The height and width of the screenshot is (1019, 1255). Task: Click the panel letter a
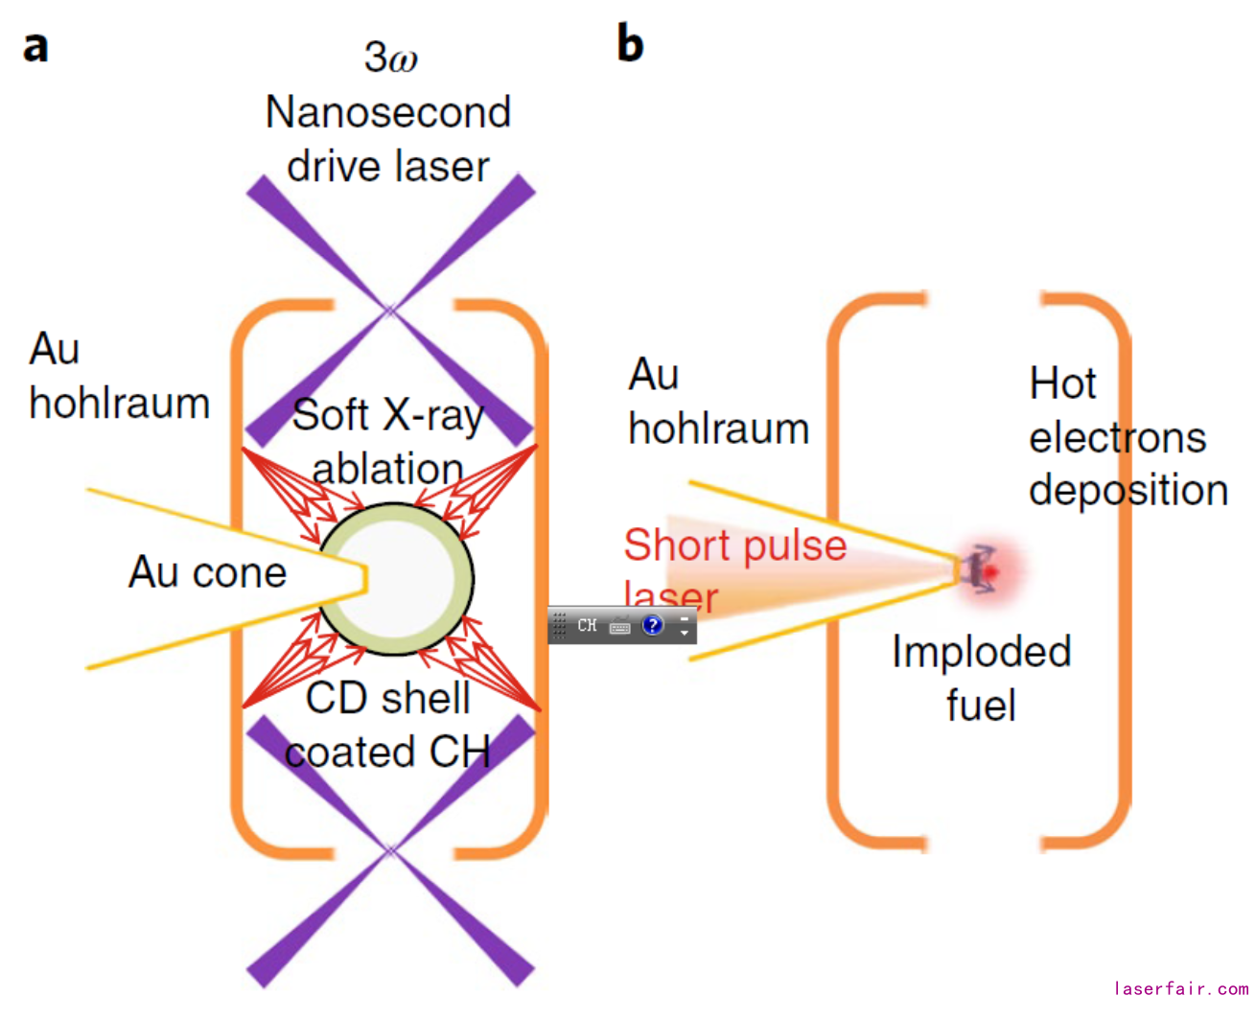pyautogui.click(x=35, y=45)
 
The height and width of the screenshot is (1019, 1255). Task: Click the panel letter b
pyautogui.click(x=630, y=43)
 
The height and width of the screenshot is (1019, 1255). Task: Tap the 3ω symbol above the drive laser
pyautogui.click(x=390, y=58)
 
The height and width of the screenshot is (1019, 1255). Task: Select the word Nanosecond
pyautogui.click(x=387, y=112)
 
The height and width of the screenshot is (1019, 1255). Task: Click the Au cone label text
pyautogui.click(x=207, y=572)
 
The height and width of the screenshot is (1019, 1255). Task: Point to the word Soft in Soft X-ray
pyautogui.click(x=330, y=415)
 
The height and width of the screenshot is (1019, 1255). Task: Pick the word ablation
pyautogui.click(x=387, y=469)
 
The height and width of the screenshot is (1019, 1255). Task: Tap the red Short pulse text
pyautogui.click(x=734, y=545)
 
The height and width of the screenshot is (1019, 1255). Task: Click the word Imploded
pyautogui.click(x=981, y=652)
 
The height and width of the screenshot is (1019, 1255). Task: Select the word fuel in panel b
pyautogui.click(x=981, y=706)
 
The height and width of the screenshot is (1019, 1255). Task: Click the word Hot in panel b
pyautogui.click(x=1062, y=383)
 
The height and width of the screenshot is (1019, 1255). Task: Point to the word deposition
pyautogui.click(x=1127, y=491)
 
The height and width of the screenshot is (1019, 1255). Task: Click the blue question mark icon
pyautogui.click(x=653, y=625)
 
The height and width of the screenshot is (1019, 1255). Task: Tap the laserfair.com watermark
pyautogui.click(x=1180, y=988)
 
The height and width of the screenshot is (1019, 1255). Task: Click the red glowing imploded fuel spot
pyautogui.click(x=988, y=570)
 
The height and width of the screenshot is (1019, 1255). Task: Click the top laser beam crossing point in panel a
pyautogui.click(x=390, y=310)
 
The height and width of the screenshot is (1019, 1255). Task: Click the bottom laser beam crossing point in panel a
pyautogui.click(x=390, y=849)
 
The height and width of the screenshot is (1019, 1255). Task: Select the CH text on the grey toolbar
pyautogui.click(x=587, y=625)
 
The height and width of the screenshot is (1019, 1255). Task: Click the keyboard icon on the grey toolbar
pyautogui.click(x=620, y=627)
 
